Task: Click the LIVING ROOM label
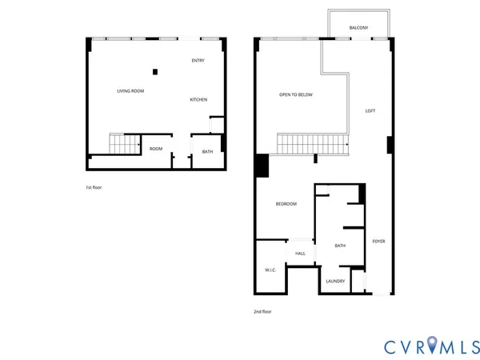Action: (x=130, y=91)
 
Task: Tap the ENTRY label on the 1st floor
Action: (x=198, y=61)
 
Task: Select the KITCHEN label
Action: (x=198, y=100)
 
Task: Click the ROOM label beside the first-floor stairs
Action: (x=156, y=149)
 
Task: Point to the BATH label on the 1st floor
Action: (x=207, y=152)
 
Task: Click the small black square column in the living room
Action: (x=155, y=72)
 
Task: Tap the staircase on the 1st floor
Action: (x=123, y=146)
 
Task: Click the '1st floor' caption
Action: (x=94, y=187)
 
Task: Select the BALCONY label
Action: (x=358, y=29)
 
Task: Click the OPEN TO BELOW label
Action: (x=295, y=95)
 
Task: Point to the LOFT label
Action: (x=370, y=111)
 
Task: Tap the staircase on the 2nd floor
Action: (x=313, y=145)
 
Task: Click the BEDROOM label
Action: (x=286, y=204)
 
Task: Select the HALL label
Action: (x=300, y=254)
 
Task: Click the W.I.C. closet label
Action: (x=270, y=270)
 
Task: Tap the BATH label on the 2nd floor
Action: (x=340, y=246)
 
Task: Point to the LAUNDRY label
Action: (x=335, y=281)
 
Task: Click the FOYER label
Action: (x=378, y=241)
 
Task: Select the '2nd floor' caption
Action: (x=262, y=311)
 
